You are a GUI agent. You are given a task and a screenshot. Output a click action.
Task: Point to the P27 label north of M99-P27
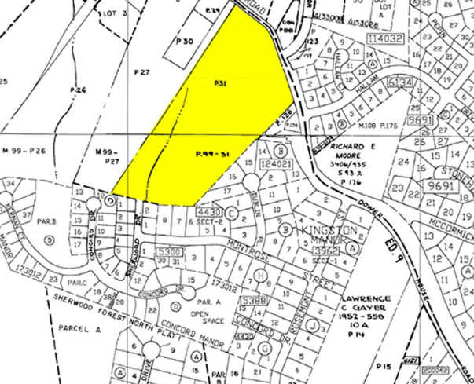(141, 72)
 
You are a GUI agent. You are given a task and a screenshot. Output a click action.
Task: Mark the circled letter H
(261, 276)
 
